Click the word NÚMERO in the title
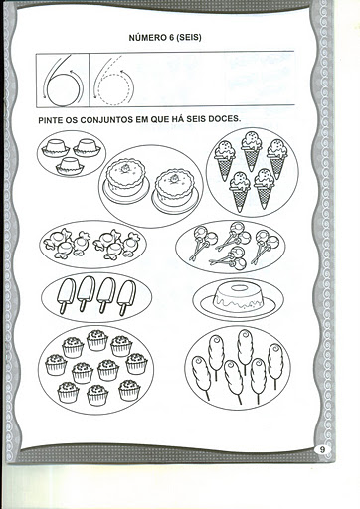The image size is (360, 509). tap(145, 38)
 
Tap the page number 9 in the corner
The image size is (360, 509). tap(322, 450)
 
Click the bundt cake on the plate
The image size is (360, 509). tap(239, 298)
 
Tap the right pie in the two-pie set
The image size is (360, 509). tap(175, 191)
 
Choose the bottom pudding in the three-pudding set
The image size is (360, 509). tap(70, 166)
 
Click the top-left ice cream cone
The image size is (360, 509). tap(225, 160)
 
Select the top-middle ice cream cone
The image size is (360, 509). tap(252, 151)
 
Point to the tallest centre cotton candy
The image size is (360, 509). tap(245, 350)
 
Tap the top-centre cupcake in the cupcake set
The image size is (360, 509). tap(97, 340)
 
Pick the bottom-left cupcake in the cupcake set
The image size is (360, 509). tap(68, 392)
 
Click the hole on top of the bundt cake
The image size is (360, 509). tap(239, 288)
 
